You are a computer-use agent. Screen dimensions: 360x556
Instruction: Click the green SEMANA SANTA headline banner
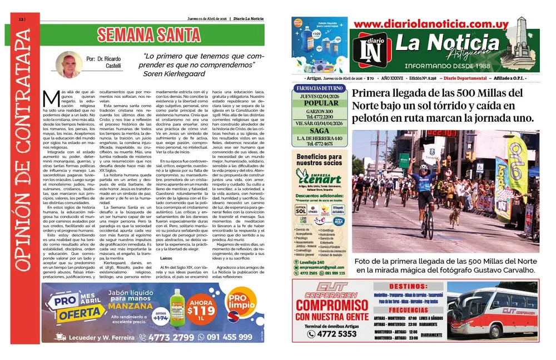click(x=148, y=35)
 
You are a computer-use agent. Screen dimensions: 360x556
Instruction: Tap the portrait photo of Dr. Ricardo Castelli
click(x=66, y=65)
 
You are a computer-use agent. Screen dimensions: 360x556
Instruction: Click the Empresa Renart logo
click(x=319, y=177)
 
